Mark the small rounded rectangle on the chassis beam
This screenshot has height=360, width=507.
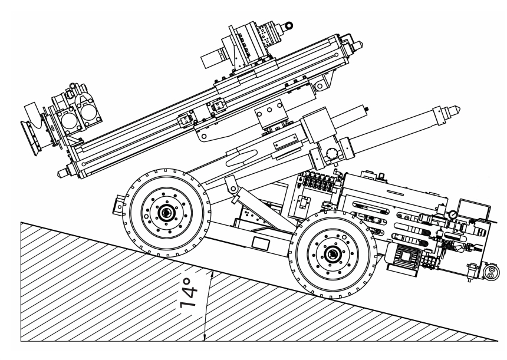[x=260, y=242]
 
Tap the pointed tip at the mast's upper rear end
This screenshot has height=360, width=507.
[x=358, y=46]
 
